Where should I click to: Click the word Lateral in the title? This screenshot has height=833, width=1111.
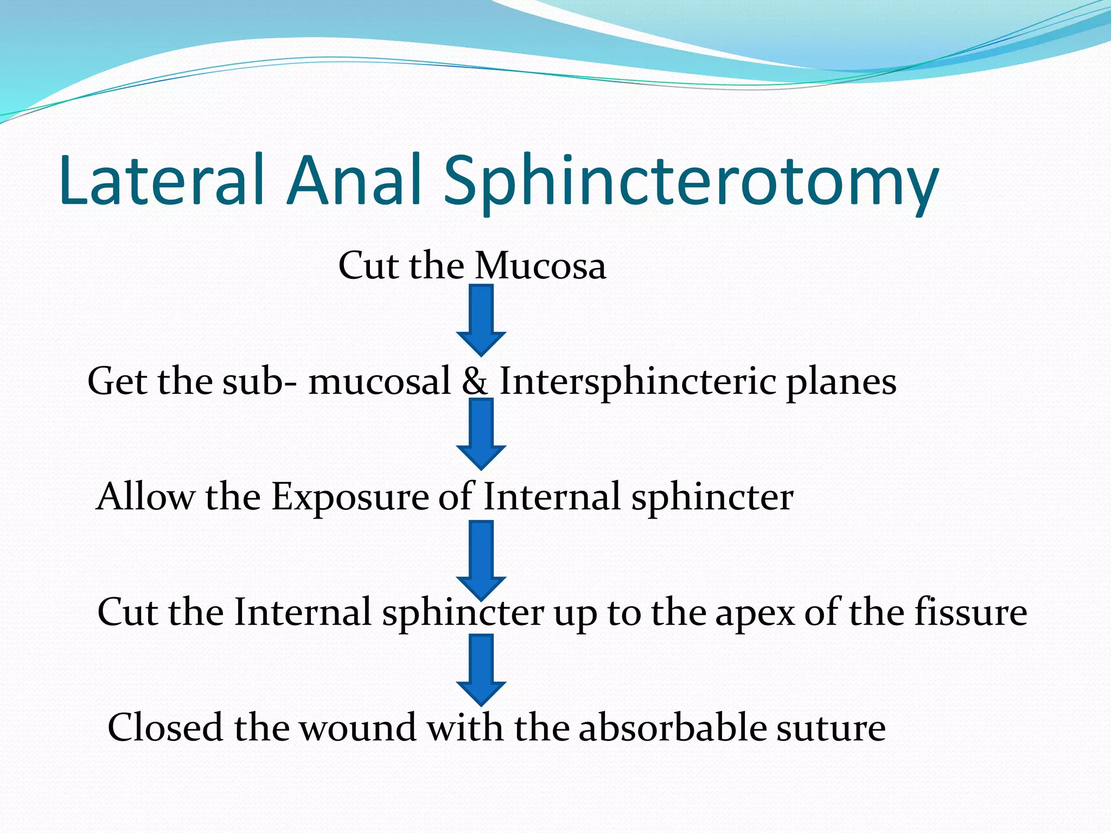pos(162,181)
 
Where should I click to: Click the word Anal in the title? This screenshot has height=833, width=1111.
pos(355,181)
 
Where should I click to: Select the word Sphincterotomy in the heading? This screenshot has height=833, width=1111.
pos(691,184)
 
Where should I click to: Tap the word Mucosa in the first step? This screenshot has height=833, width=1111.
pos(540,266)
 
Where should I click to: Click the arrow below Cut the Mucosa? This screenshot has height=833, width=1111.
pos(481,320)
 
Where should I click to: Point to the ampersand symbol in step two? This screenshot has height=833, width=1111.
pos(475,381)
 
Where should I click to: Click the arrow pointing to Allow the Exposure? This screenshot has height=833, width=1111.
pos(481,434)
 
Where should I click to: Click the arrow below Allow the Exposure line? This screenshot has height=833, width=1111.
pos(481,559)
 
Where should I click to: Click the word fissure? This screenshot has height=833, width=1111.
pos(970,612)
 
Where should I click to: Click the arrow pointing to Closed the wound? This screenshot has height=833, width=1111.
pos(481,670)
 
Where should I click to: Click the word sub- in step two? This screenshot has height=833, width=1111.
pos(259,381)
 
